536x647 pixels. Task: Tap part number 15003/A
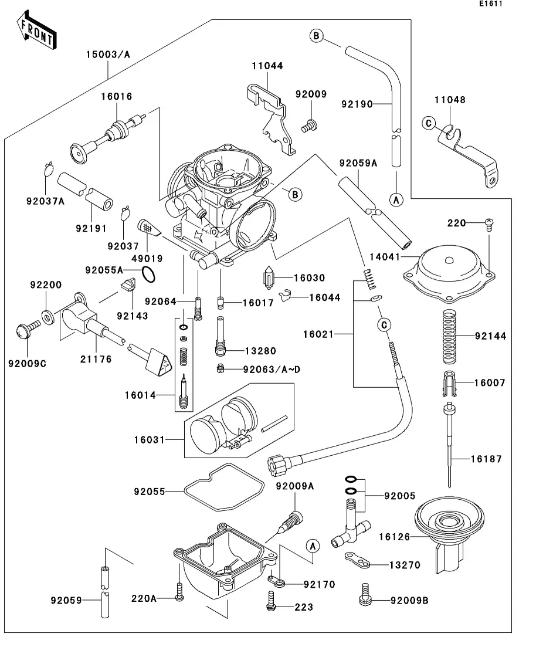click(108, 55)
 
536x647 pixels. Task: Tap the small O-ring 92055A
click(150, 273)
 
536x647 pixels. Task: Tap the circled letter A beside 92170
click(313, 546)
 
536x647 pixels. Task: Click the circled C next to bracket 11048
click(429, 123)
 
